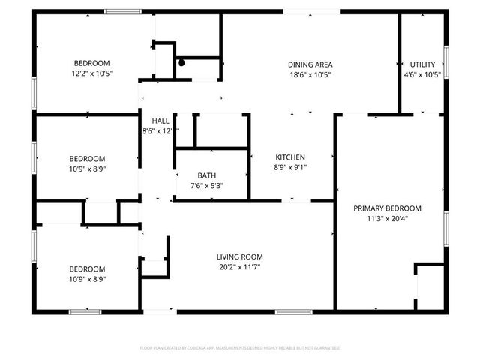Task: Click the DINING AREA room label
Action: [x=310, y=64]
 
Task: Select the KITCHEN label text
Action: [x=290, y=157]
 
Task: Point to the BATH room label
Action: [x=207, y=175]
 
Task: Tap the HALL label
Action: [x=160, y=121]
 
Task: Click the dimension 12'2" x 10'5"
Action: [x=91, y=74]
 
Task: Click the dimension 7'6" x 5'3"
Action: [x=207, y=186]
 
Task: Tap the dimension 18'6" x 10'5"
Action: [x=310, y=74]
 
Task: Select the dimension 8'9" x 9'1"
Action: [x=290, y=168]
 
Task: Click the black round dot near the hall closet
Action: [x=181, y=63]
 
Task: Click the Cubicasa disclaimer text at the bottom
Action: [x=240, y=348]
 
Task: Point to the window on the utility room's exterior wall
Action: [x=446, y=60]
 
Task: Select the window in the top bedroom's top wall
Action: [x=121, y=11]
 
